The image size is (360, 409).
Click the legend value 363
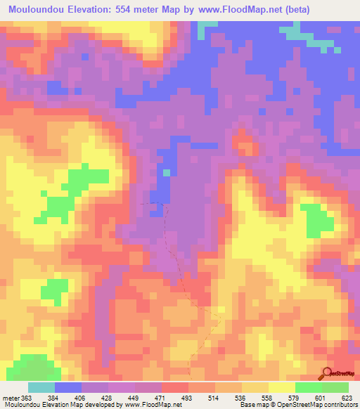point(26,397)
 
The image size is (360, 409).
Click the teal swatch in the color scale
point(41,387)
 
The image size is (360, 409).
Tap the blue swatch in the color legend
point(68,387)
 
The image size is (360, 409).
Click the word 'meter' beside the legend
point(10,397)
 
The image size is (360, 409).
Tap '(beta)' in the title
point(300,9)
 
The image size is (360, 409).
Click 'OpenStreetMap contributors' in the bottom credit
point(319,405)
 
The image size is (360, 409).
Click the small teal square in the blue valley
point(167,172)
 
